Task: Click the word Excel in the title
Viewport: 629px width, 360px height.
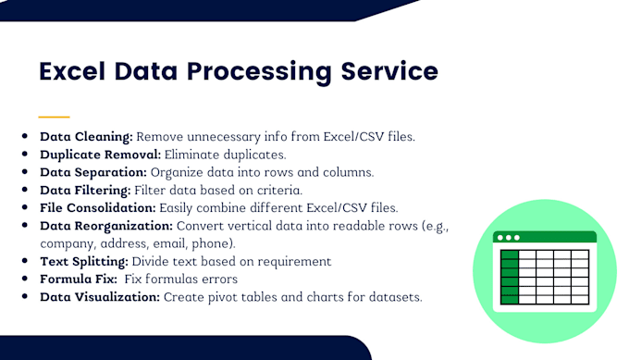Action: tap(75, 71)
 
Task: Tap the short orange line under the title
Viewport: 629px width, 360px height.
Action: tap(54, 117)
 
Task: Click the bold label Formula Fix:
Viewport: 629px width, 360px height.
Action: tap(77, 279)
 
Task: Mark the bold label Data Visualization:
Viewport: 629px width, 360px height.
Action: tap(100, 297)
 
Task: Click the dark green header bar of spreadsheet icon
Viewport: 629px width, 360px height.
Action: tap(545, 237)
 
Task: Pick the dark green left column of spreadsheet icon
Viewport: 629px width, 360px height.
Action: tap(510, 275)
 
